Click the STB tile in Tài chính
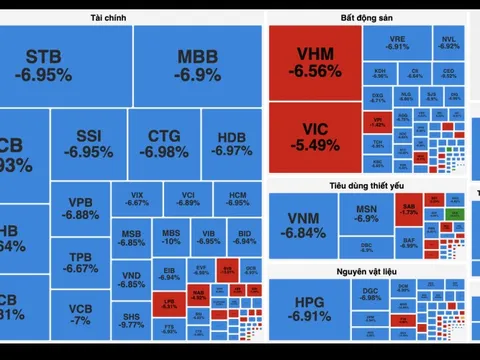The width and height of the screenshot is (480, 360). [49, 65]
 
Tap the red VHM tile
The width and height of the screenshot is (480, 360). [315, 61]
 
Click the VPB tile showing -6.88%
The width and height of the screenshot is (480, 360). [80, 207]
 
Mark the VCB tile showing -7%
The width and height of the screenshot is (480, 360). [80, 314]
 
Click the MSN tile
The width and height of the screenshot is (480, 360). [366, 213]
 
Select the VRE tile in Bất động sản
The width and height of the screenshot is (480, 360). [398, 41]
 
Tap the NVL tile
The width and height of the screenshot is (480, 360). [448, 41]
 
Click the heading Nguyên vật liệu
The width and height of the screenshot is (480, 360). [367, 271]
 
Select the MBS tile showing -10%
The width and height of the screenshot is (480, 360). [172, 237]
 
